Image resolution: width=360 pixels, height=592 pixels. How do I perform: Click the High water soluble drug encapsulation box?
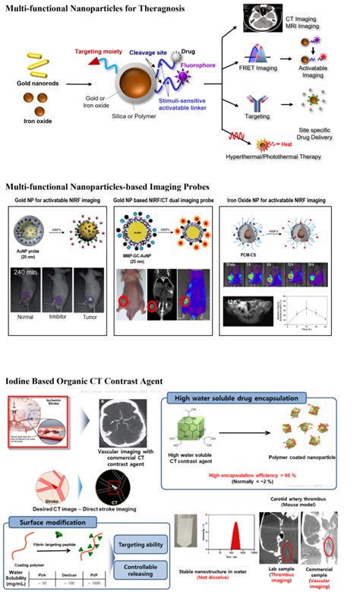(x=248, y=397)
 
